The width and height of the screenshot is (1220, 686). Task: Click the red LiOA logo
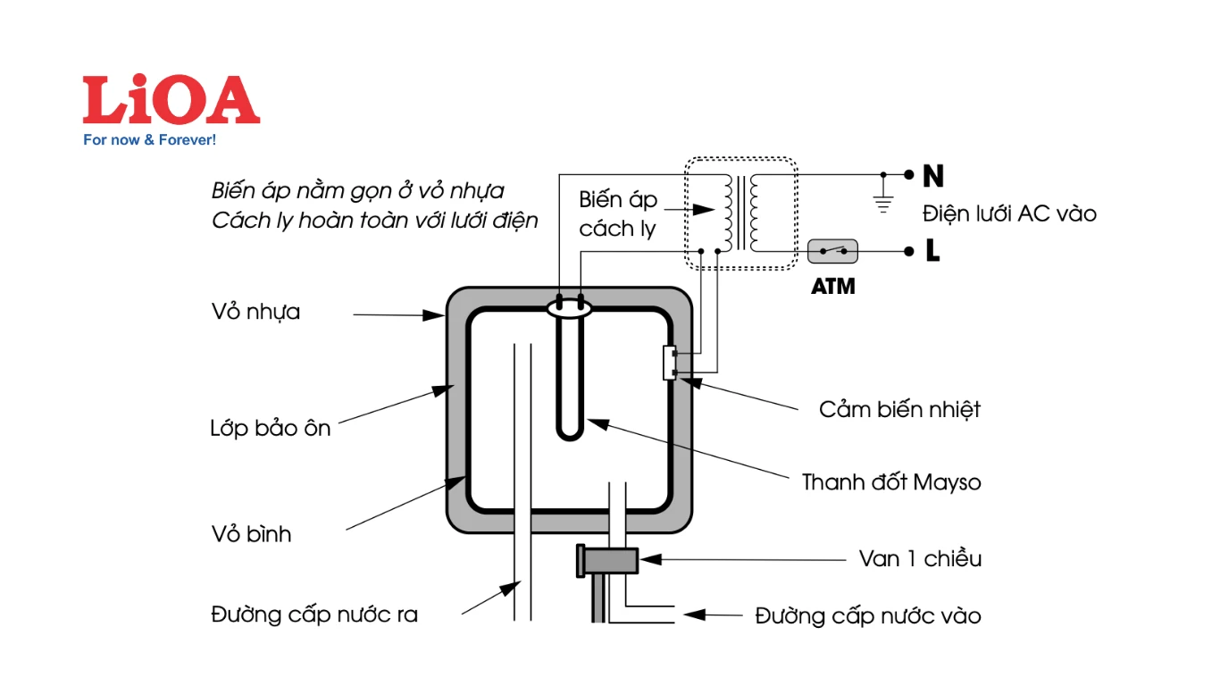[171, 100]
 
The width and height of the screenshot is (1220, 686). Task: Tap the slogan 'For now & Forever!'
[149, 140]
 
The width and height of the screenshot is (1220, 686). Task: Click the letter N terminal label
[933, 176]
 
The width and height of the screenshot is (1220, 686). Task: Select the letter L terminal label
[932, 252]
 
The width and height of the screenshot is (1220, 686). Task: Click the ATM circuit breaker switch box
[832, 252]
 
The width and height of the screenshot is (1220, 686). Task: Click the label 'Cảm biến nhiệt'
[899, 410]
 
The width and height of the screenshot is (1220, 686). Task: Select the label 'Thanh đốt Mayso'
[890, 483]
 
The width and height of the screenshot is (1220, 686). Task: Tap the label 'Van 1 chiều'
[920, 559]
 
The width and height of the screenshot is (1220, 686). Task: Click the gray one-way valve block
[610, 560]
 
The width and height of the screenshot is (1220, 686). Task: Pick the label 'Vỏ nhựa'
[255, 313]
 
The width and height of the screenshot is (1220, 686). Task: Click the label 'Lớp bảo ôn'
[270, 429]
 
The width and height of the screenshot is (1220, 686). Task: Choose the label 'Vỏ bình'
[251, 535]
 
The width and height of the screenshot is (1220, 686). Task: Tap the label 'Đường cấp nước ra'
[314, 615]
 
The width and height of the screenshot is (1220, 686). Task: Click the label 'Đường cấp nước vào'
[867, 615]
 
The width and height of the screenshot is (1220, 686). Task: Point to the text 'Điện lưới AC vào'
[1009, 214]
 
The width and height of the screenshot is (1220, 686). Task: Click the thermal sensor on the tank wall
[669, 362]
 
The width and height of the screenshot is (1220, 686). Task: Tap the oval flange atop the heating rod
[570, 308]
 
